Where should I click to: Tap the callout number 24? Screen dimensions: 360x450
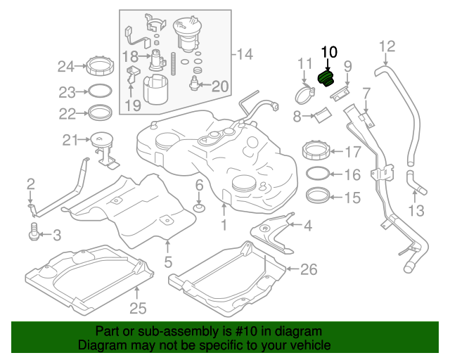[x=65, y=67]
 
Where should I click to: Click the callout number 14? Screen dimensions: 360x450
[x=243, y=54]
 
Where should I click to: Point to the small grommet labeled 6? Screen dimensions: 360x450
[x=199, y=208]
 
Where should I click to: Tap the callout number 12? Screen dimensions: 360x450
[x=388, y=47]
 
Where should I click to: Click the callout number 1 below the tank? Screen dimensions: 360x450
[x=224, y=226]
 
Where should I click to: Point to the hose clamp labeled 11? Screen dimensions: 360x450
[x=305, y=91]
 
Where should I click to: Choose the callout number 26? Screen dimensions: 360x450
[x=309, y=269]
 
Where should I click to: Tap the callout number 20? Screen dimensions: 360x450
[x=220, y=86]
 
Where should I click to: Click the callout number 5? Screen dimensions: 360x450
[x=168, y=264]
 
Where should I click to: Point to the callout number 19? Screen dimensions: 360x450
[x=133, y=106]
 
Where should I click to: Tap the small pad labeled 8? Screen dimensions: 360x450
[x=321, y=113]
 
